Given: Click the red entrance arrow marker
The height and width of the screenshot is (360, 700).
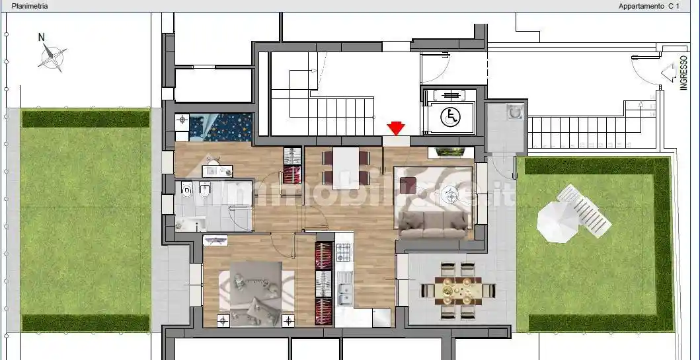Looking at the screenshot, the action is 396,128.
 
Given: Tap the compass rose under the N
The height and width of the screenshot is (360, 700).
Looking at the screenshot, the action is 52,57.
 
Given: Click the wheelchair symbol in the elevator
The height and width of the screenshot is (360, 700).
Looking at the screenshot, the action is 450,117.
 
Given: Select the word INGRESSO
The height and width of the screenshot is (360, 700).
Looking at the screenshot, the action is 683,73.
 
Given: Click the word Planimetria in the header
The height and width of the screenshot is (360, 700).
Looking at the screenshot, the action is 30,6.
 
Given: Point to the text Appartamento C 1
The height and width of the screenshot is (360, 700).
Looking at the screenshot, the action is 648,6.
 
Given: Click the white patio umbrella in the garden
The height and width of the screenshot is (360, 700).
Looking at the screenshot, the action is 558,222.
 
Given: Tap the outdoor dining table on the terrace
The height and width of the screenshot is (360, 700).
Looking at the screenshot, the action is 458,291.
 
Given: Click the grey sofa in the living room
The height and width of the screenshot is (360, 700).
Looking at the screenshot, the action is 434,225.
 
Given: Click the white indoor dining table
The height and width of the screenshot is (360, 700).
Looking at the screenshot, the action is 346,168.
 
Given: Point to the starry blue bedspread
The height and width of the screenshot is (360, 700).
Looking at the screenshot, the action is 221,127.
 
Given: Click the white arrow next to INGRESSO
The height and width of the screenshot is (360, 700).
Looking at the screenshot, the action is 668,73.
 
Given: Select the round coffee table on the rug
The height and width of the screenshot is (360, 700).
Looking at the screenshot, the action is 450,195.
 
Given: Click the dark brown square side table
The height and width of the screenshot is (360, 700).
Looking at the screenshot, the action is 408,185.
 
